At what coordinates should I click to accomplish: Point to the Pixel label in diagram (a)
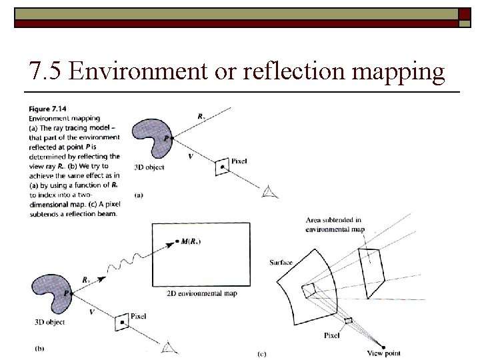239,161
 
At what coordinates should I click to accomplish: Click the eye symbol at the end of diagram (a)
269,192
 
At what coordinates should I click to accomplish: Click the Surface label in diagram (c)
281,262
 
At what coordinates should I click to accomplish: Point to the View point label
384,352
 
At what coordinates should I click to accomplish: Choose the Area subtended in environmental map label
334,224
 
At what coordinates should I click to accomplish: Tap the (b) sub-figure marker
39,347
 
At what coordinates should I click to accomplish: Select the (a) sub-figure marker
139,195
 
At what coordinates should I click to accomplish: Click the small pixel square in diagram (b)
121,323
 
